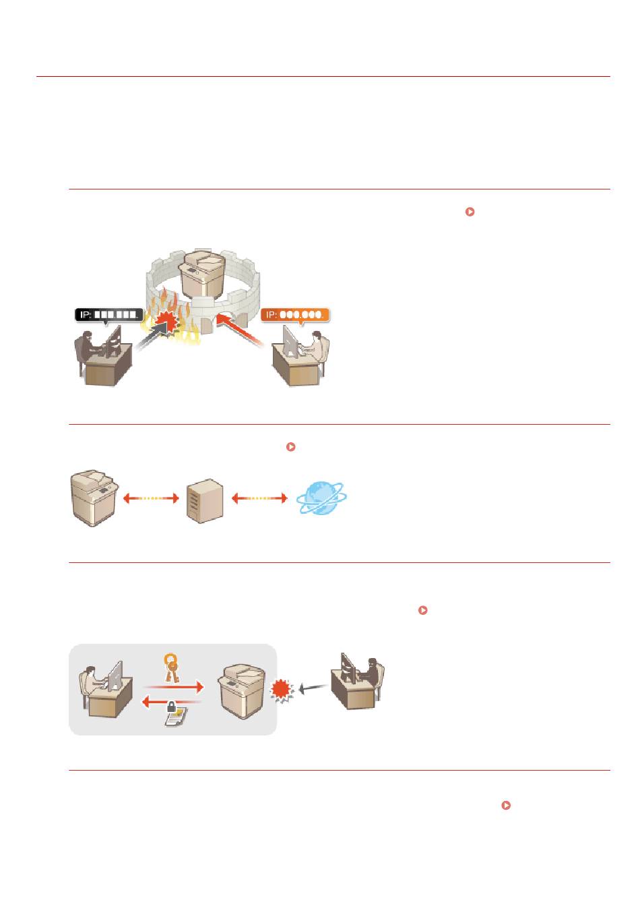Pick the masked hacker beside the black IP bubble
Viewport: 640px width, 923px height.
point(88,350)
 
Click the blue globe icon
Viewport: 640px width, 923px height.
point(321,498)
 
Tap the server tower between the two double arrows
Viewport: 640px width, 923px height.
point(205,501)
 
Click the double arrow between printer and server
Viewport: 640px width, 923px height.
point(151,498)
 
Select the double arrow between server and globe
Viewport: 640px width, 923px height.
point(259,498)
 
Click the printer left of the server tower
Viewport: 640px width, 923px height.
point(94,498)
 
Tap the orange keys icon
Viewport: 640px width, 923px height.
point(171,667)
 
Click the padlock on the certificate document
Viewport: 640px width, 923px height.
point(171,707)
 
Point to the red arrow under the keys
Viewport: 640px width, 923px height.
point(173,687)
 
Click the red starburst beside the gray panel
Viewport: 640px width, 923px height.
point(282,689)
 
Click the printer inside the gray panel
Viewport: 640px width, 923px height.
point(241,691)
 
